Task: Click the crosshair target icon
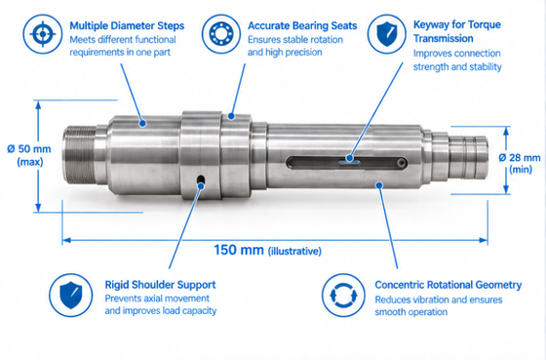pyautogui.click(x=43, y=34)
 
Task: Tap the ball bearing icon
pyautogui.click(x=220, y=34)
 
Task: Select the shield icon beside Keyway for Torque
pyautogui.click(x=386, y=34)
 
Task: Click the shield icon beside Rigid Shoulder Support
pyautogui.click(x=70, y=296)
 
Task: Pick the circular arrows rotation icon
pyautogui.click(x=343, y=296)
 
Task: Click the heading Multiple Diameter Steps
pyautogui.click(x=127, y=25)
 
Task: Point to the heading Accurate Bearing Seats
pyautogui.click(x=302, y=25)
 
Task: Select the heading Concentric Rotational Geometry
pyautogui.click(x=448, y=285)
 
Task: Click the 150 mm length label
pyautogui.click(x=239, y=250)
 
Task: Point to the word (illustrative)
pyautogui.click(x=294, y=251)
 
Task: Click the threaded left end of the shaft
pyautogui.click(x=79, y=155)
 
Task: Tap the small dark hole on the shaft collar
pyautogui.click(x=201, y=180)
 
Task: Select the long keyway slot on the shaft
pyautogui.click(x=347, y=163)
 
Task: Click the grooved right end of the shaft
pyautogui.click(x=467, y=157)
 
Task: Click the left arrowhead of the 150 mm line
pyautogui.click(x=66, y=240)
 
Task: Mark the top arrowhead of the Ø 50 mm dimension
pyautogui.click(x=38, y=104)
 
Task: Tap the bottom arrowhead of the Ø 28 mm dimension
pyautogui.click(x=506, y=189)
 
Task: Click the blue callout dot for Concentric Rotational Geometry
pyautogui.click(x=379, y=185)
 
